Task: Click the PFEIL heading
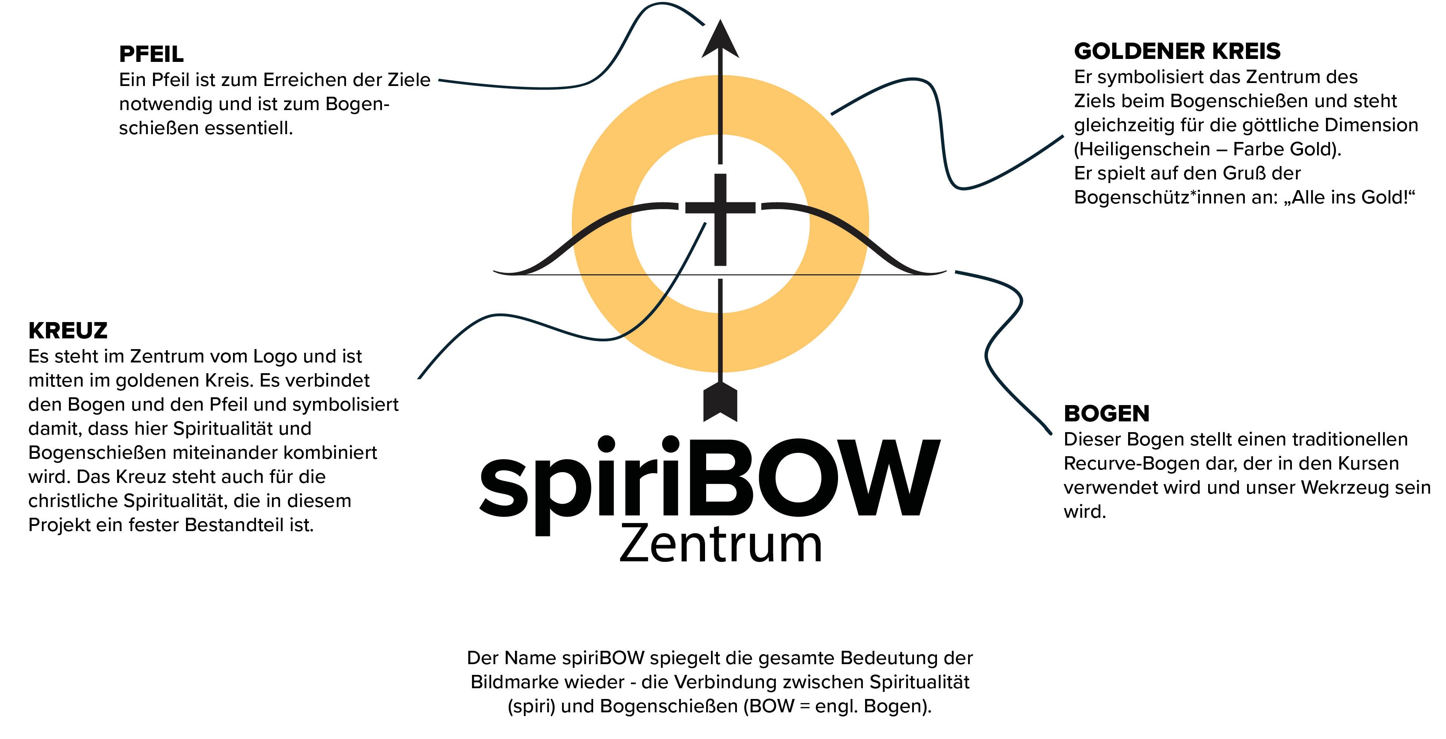click(x=151, y=54)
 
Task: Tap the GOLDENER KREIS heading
click(x=1177, y=51)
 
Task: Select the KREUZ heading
click(x=67, y=331)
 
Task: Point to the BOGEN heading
click(x=1106, y=414)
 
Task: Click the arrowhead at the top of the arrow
click(x=720, y=40)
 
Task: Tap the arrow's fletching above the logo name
click(x=720, y=401)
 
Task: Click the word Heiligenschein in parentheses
click(x=1141, y=149)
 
